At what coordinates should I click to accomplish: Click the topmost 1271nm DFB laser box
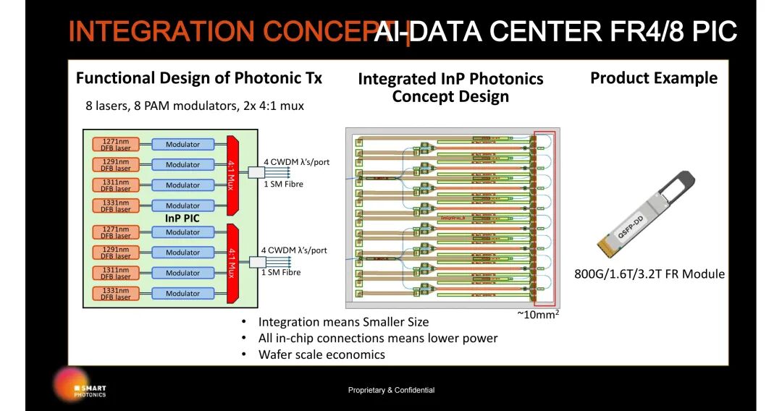coord(115,144)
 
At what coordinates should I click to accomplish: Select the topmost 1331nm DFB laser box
coord(115,205)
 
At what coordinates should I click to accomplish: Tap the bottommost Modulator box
coord(182,293)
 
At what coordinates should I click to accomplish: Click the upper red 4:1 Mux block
coord(232,174)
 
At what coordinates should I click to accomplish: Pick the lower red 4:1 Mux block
coord(232,263)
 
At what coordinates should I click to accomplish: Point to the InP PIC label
coord(182,218)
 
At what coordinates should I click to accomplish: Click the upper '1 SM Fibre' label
coord(282,184)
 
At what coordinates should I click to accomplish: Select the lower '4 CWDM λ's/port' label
coord(294,250)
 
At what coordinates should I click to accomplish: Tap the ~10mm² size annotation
coord(537,315)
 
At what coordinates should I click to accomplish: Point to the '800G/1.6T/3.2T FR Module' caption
coord(649,274)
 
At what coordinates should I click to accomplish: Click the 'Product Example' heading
coord(654,78)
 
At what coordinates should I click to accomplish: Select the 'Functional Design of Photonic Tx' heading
coord(199,78)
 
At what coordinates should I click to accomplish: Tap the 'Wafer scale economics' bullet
coord(321,355)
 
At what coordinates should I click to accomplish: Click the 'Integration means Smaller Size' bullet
coord(343,322)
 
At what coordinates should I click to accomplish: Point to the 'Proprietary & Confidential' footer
coord(391,390)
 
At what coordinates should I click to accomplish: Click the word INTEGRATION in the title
coord(162,31)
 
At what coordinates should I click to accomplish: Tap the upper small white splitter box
coord(258,172)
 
